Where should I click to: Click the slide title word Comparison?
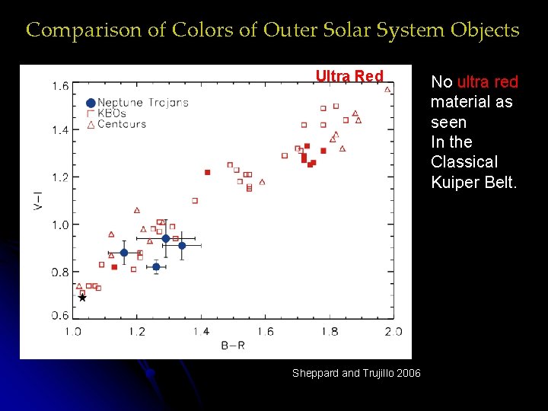pyautogui.click(x=74, y=30)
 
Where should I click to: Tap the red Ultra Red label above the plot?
pyautogui.click(x=349, y=76)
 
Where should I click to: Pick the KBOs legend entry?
pyautogui.click(x=112, y=113)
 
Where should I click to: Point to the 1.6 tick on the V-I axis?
pyautogui.click(x=60, y=86)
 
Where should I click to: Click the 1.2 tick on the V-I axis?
pyautogui.click(x=60, y=177)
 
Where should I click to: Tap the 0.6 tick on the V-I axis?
pyautogui.click(x=60, y=315)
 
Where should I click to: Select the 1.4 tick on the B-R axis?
pyautogui.click(x=201, y=331)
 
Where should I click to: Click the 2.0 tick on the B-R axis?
pyautogui.click(x=393, y=331)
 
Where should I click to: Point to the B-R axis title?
pyautogui.click(x=233, y=346)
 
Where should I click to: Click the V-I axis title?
pyautogui.click(x=37, y=201)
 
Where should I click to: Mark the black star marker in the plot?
pyautogui.click(x=82, y=298)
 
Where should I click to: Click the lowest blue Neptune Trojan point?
pyautogui.click(x=156, y=266)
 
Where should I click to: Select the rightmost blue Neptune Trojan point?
pyautogui.click(x=182, y=245)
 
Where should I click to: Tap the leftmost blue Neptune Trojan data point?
pyautogui.click(x=124, y=253)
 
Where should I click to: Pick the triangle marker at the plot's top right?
pyautogui.click(x=387, y=90)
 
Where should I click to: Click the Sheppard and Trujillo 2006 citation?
pyautogui.click(x=356, y=372)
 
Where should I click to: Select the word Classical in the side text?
pyautogui.click(x=464, y=162)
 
